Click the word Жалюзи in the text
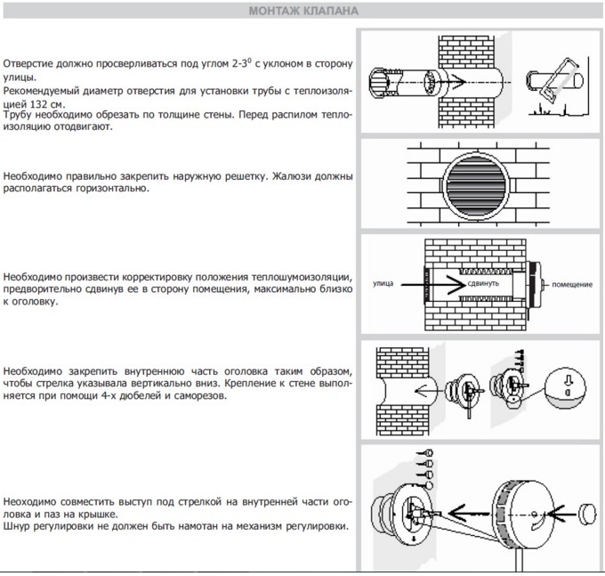[302, 175]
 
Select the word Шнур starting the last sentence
[17, 525]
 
